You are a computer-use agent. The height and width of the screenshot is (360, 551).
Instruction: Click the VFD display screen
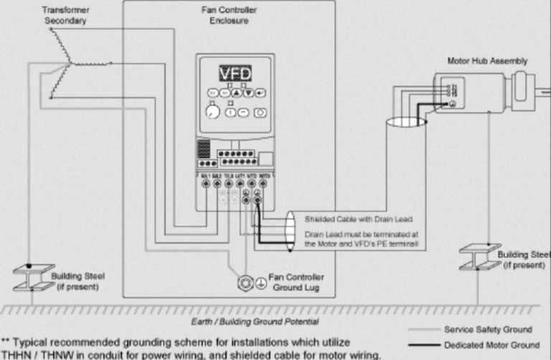(x=237, y=73)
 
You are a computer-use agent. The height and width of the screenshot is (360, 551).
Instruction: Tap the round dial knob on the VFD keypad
(x=212, y=112)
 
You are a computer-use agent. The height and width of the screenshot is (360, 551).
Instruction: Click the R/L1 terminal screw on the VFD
(x=207, y=184)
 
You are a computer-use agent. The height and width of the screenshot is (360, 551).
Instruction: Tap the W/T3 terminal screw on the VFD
(x=263, y=184)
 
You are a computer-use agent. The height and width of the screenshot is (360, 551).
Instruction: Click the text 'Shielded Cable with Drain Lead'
(x=348, y=219)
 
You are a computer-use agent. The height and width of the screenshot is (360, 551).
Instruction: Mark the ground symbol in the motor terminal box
(x=452, y=105)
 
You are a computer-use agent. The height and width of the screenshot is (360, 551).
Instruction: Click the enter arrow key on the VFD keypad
(x=260, y=93)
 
